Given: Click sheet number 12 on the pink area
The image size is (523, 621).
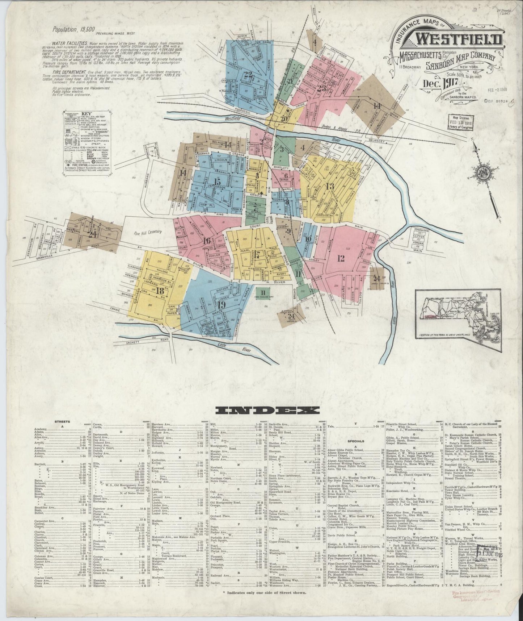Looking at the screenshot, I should pyautogui.click(x=340, y=258).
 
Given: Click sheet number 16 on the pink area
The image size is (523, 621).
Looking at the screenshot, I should pyautogui.click(x=207, y=241).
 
